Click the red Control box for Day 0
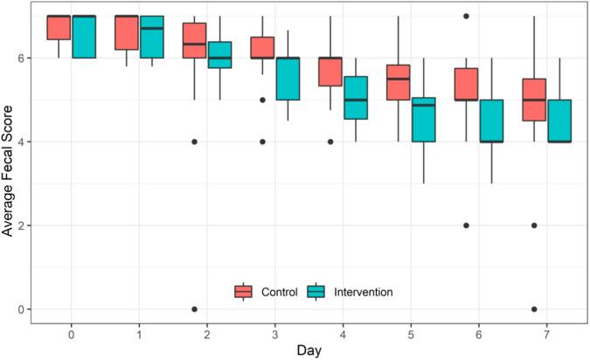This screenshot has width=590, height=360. point(59,27)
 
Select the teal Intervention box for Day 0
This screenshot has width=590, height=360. point(84,37)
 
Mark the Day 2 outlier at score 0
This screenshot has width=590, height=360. point(194,309)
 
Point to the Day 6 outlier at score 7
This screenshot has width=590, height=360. point(466,16)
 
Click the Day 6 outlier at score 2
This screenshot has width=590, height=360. point(466,225)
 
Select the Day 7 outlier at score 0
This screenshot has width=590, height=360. point(534,309)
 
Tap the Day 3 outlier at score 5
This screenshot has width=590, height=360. point(262,100)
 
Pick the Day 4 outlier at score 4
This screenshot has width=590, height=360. point(330,142)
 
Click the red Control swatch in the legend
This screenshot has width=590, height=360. point(244,291)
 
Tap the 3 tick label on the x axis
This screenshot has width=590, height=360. point(274,334)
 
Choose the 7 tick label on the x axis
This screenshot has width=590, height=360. point(546,334)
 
